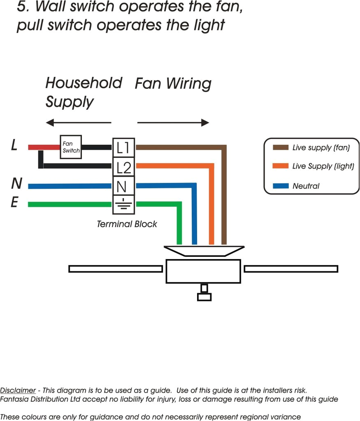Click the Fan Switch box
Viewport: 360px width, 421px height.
(71, 147)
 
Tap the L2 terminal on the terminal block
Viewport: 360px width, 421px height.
(123, 167)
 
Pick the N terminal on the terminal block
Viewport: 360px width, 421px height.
(122, 186)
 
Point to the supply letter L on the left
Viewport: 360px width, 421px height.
(14, 145)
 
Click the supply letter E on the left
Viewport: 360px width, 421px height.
(14, 203)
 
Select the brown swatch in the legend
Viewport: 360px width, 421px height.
(280, 148)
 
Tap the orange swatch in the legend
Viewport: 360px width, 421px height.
(280, 167)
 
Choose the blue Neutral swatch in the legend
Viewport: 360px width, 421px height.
(280, 186)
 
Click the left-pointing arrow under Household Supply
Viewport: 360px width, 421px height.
(78, 123)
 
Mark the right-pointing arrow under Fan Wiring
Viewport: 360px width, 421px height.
(173, 123)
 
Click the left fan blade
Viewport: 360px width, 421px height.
(116, 269)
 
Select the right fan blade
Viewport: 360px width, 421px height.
(291, 269)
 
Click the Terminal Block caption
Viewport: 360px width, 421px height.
(127, 224)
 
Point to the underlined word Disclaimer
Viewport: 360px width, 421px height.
(18, 390)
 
